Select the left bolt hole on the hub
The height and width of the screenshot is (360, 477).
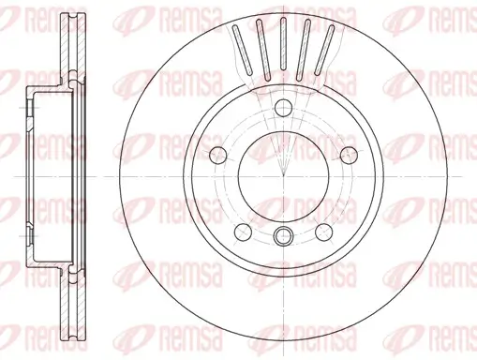[x=217, y=155]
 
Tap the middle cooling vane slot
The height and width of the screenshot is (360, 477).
[x=283, y=44]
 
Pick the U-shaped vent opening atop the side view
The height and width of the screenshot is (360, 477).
[x=67, y=22]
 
